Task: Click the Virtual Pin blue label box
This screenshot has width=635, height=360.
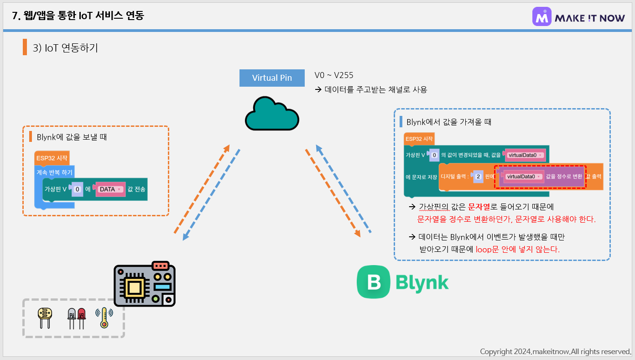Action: click(x=272, y=78)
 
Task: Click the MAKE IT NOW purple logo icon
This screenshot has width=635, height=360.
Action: click(x=542, y=17)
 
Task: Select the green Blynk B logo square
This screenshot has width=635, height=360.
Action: click(x=373, y=282)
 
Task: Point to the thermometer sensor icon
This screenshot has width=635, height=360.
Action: click(x=104, y=318)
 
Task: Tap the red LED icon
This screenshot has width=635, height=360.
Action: click(x=82, y=318)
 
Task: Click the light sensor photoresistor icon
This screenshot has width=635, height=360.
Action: click(x=45, y=318)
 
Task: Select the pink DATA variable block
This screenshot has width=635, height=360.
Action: click(x=110, y=189)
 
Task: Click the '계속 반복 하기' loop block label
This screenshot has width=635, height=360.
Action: click(x=54, y=172)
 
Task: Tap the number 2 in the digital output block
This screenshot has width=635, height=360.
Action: click(x=478, y=176)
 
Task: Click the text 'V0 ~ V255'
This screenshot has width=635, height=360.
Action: click(x=334, y=75)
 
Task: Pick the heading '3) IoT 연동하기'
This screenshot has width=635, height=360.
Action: click(x=66, y=47)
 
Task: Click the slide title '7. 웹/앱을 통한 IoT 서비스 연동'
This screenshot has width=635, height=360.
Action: click(x=78, y=16)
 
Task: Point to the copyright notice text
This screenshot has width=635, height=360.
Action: click(x=555, y=351)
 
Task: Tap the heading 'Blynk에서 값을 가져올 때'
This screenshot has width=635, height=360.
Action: click(x=448, y=122)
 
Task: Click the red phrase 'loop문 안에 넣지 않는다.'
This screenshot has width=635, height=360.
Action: click(x=517, y=249)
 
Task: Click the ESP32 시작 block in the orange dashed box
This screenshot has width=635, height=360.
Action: click(x=52, y=158)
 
